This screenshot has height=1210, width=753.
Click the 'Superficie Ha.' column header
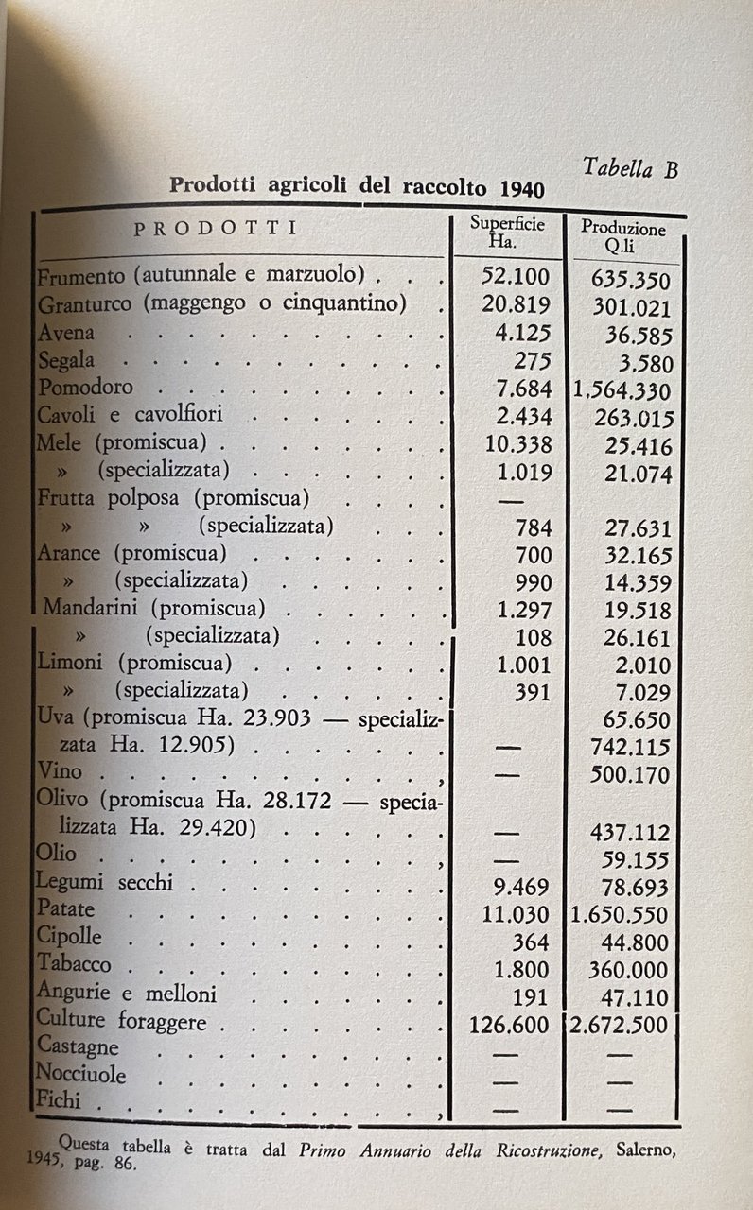pos(506,233)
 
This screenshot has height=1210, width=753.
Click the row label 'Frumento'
pos(80,278)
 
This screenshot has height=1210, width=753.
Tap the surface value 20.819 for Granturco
pos(511,306)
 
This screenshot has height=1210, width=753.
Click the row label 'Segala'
pos(65,360)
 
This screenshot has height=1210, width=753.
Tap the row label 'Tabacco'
pos(74,964)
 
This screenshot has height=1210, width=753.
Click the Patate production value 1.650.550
pos(622,915)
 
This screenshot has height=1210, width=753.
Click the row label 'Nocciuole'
pos(80,1074)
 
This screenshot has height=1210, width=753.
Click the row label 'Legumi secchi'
pos(104,883)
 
